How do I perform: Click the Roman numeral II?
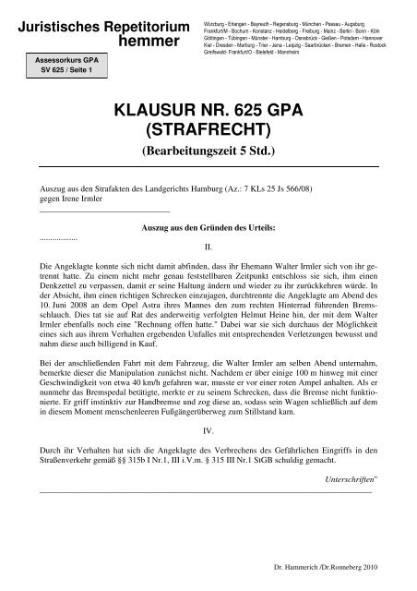coord(208,247)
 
